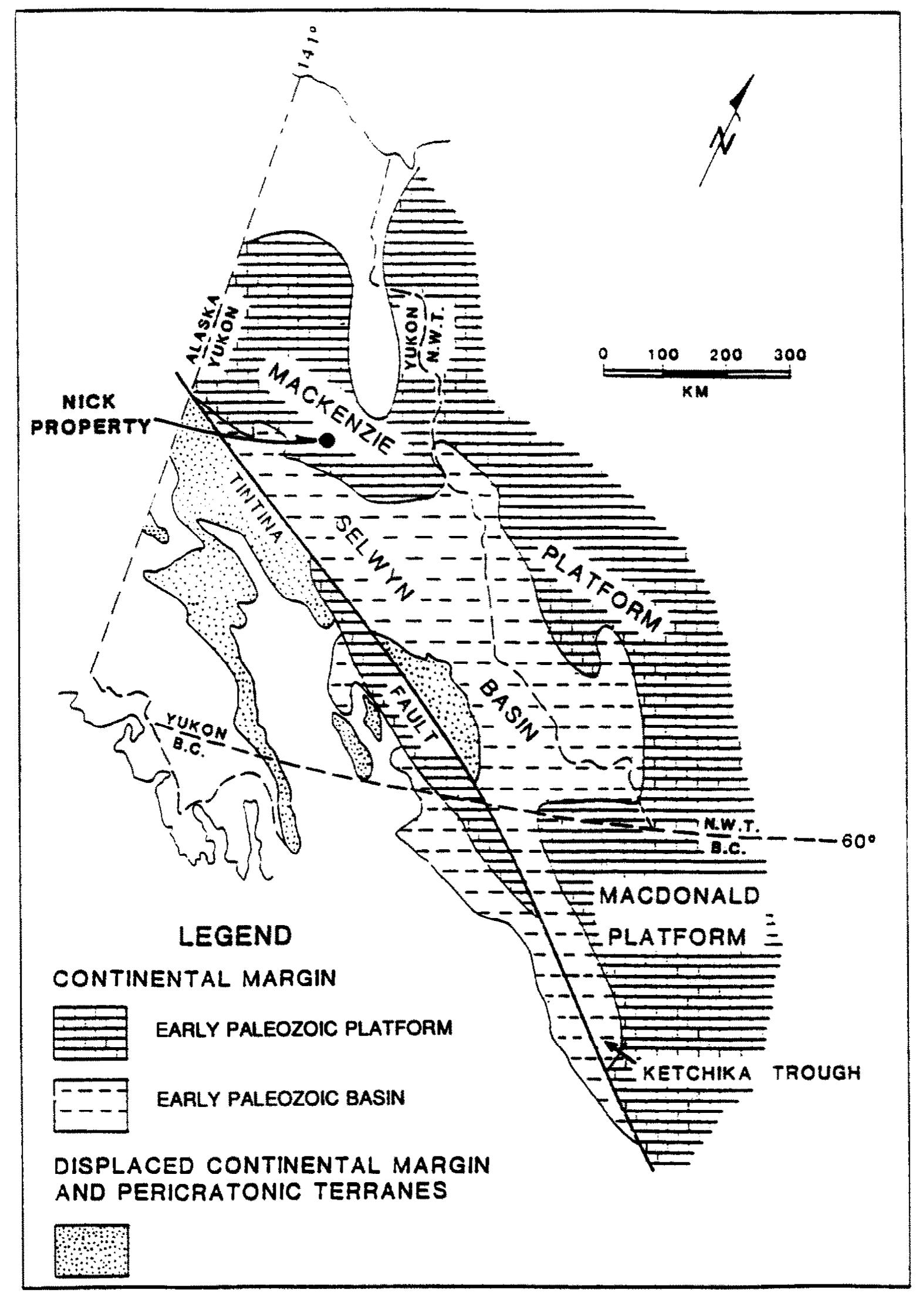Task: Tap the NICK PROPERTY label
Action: pos(90,414)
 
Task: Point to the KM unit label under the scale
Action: pos(695,392)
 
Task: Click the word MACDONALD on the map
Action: pos(678,896)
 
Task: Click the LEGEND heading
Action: pos(235,935)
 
